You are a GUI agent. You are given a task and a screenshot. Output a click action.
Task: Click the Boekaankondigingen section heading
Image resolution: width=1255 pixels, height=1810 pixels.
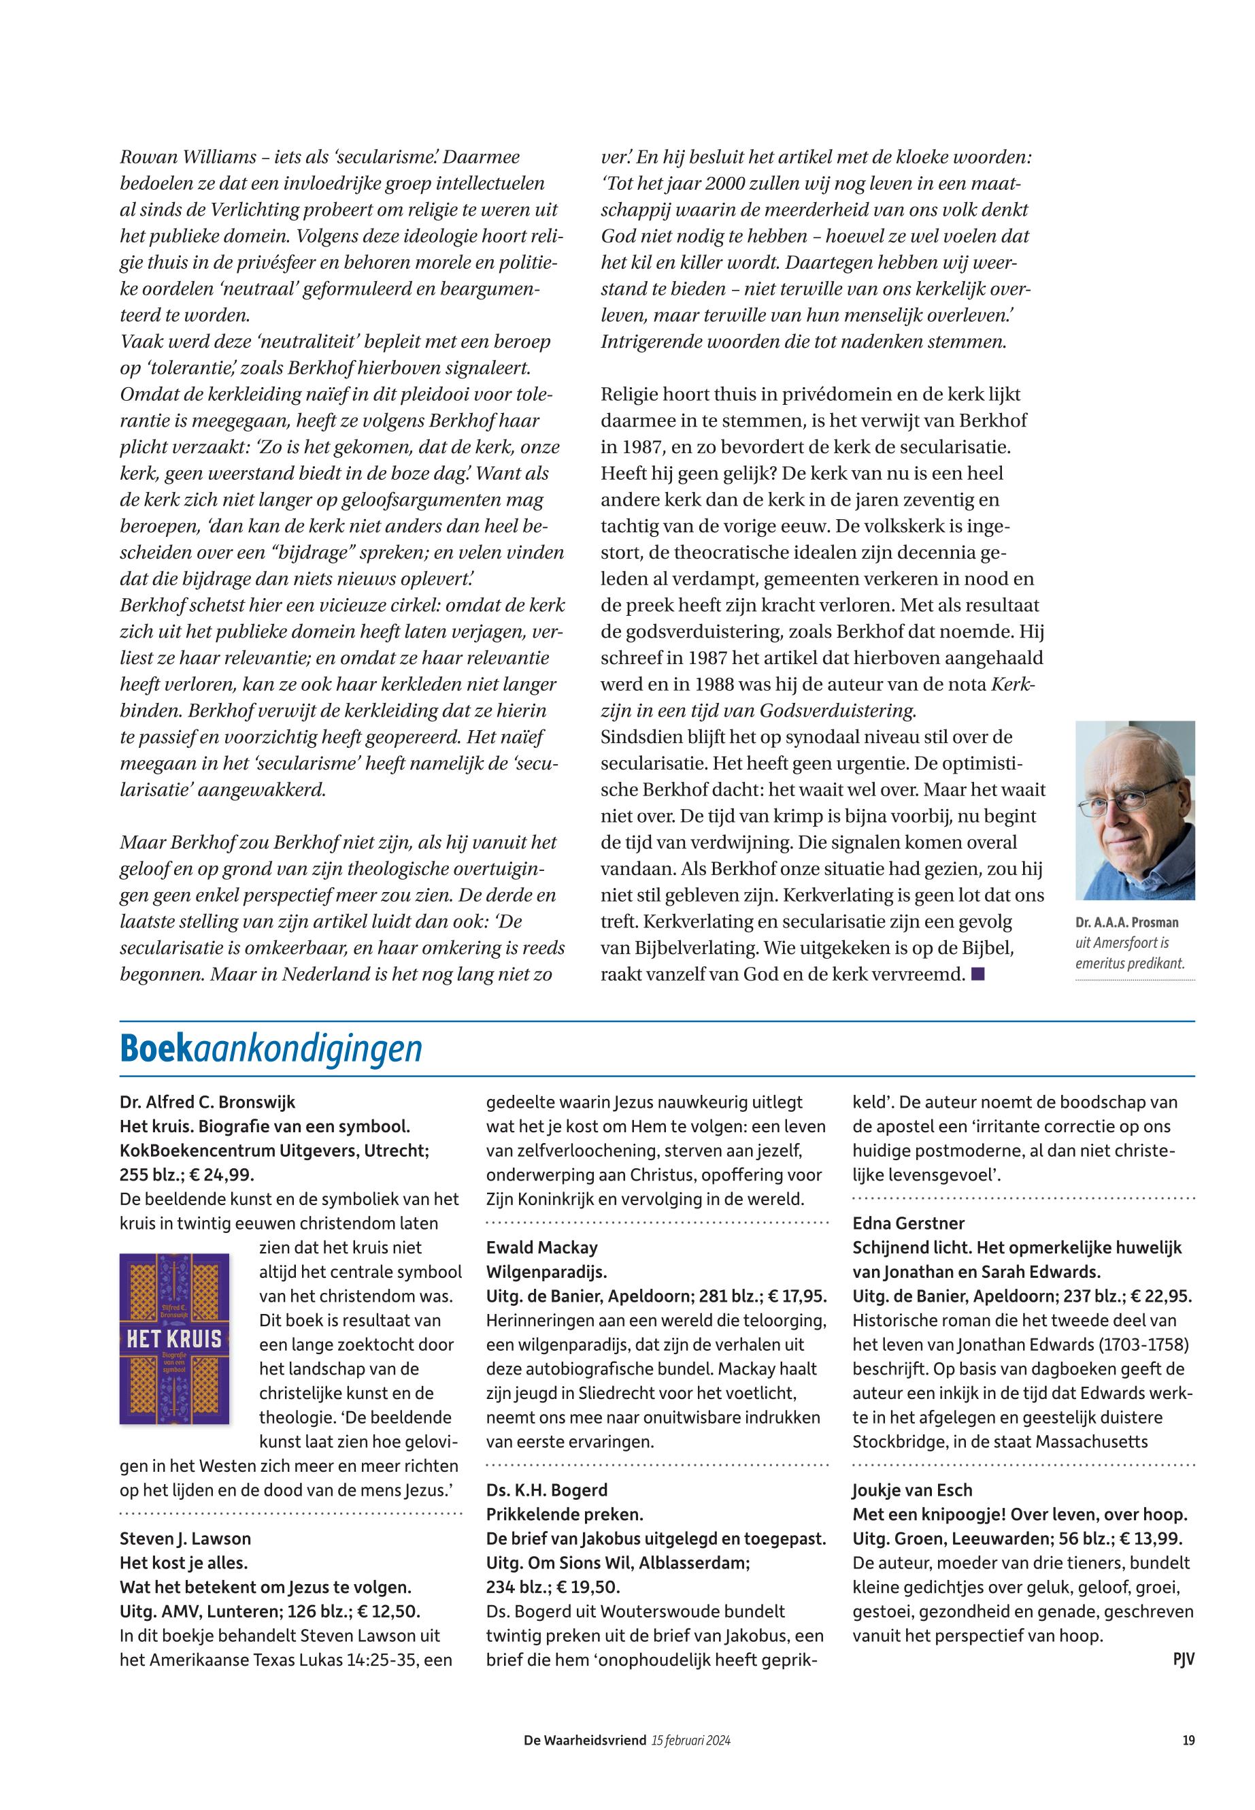pos(271,1049)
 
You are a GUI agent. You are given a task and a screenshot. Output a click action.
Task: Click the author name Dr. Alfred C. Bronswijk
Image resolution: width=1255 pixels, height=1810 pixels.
pos(207,1102)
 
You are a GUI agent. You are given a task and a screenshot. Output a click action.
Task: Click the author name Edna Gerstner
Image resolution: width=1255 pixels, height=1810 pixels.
pos(908,1223)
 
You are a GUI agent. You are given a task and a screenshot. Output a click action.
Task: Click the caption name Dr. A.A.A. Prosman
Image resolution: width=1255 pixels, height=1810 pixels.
pos(1127,923)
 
